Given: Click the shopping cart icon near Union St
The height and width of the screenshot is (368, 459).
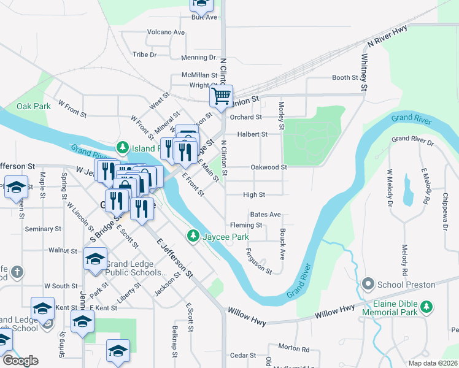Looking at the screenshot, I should pos(221,95).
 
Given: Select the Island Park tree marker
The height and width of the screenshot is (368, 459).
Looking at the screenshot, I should pos(123,147).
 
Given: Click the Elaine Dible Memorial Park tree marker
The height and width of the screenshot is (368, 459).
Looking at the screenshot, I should pos(431,305).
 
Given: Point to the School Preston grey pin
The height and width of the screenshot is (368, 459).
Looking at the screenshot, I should pos(368,284).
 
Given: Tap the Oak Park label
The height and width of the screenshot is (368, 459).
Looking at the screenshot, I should pos(34,106).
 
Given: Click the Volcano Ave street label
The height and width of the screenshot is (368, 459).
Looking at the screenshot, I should pos(166,32).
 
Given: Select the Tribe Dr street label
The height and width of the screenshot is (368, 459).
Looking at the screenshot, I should pos(145,55).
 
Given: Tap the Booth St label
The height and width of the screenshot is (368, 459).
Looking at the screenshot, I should pos(344,78).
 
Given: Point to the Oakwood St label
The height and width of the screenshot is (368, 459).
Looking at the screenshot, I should pos(268,167).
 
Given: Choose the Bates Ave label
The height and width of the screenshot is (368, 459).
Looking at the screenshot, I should pos(265,215).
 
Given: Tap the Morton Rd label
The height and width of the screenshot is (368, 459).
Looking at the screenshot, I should pos(293,348).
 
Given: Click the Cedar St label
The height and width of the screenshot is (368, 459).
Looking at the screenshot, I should pos(242,355).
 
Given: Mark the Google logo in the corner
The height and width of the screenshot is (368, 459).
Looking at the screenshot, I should pos(20,361).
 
